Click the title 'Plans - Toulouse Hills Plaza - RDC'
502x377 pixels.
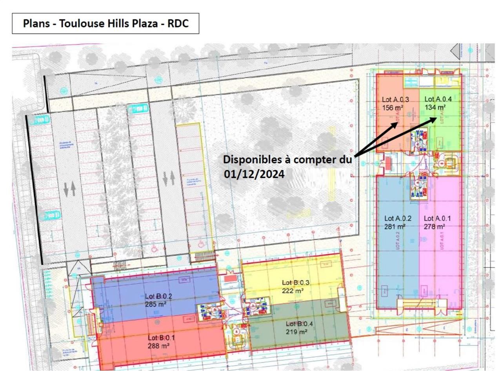pos(105,24)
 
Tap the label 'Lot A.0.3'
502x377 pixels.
pos(395,99)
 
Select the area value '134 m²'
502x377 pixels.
pos(435,107)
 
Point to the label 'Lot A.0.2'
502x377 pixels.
pos(398,218)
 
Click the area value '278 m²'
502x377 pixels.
pos(434,227)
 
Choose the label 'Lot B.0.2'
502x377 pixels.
pos(158,296)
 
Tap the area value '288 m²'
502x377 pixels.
pos(158,346)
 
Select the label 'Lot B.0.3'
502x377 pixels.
pos(296,283)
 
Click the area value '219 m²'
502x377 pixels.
pos(296,332)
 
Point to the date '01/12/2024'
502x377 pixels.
pos(254,174)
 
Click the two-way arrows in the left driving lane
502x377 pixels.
pos(69,188)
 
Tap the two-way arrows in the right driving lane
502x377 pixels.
pos(168,178)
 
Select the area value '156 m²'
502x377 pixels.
pos(393,108)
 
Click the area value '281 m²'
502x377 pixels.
pos(395,227)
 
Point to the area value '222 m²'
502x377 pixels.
pos(293,291)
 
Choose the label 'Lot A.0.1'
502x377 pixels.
pos(437,218)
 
